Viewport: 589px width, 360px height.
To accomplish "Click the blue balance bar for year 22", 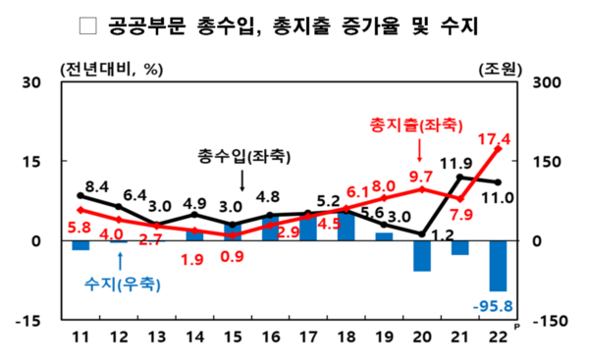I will (x=499, y=265).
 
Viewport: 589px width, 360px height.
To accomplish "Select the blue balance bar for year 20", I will (x=422, y=255).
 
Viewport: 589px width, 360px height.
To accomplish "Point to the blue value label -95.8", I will (x=496, y=305).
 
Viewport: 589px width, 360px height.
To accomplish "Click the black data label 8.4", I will (x=96, y=184).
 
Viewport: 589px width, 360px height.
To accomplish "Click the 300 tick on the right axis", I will (x=548, y=82).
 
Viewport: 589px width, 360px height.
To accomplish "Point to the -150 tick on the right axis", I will (x=546, y=320).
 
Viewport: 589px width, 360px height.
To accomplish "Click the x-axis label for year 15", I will (x=233, y=338).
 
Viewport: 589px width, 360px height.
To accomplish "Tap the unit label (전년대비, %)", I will (x=110, y=69).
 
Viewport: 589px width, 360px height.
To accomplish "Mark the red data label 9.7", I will (x=420, y=177).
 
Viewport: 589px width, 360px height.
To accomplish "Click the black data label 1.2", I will (x=442, y=235).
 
